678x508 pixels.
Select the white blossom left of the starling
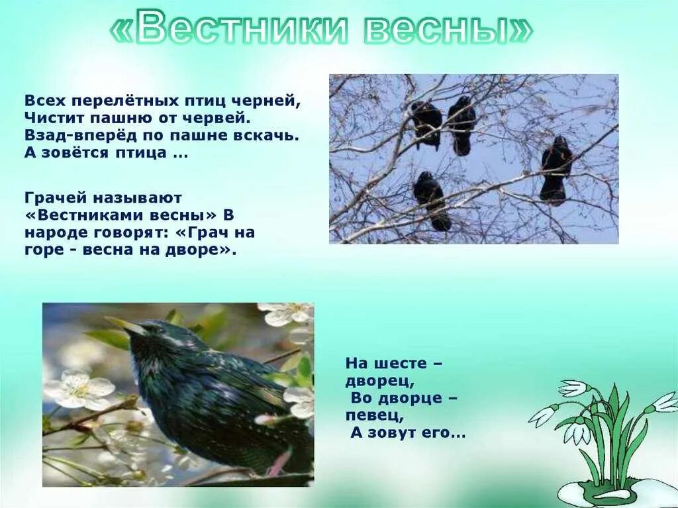(79, 389)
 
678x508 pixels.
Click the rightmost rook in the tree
(556, 170)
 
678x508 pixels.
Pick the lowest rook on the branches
(432, 199)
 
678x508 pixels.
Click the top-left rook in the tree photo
(427, 123)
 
